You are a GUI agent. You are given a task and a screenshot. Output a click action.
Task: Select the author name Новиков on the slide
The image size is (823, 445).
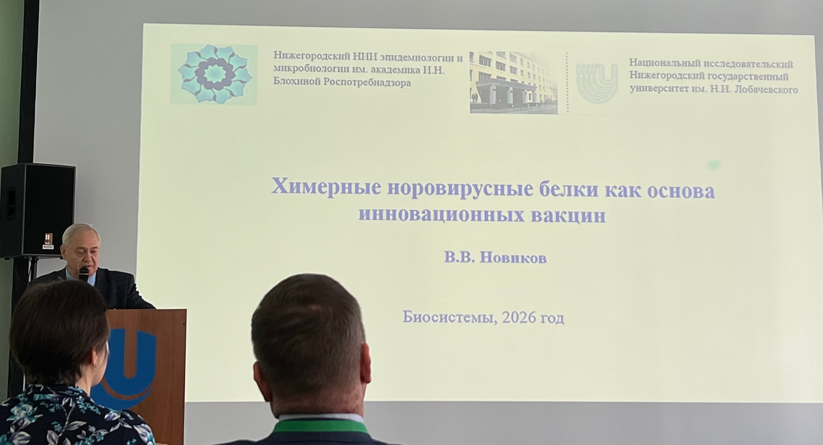[x=514, y=258]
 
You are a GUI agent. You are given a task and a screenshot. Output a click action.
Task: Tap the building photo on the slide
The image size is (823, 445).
[x=514, y=82]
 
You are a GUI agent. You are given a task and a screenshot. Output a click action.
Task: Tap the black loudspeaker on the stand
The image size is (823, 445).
[x=37, y=211]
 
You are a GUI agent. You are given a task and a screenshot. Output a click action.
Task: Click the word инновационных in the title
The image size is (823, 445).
[x=441, y=215]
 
